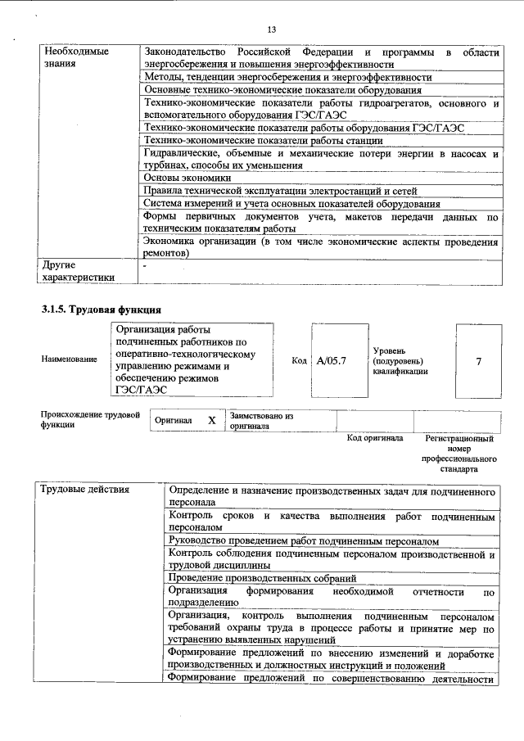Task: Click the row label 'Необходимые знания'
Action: tap(65, 57)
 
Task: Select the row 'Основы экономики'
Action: tap(187, 177)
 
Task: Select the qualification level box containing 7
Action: tap(478, 360)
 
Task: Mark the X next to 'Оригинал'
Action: tap(211, 420)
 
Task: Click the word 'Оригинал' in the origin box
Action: tap(173, 420)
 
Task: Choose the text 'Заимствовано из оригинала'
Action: tap(261, 421)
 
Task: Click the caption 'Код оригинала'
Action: tap(374, 438)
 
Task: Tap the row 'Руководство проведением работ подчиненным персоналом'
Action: tap(302, 541)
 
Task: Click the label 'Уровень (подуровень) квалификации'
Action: tap(400, 360)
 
